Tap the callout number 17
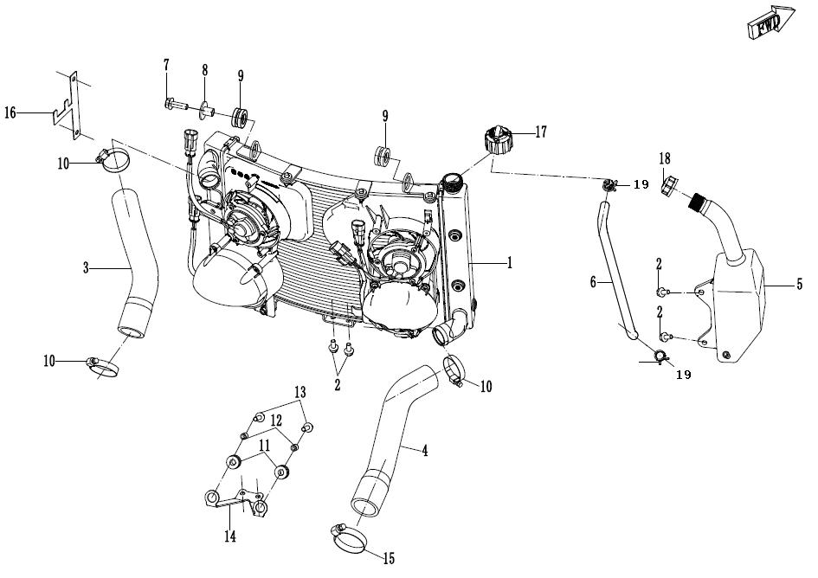point(541,132)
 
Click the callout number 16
point(10,112)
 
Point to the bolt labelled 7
point(176,105)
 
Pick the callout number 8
point(205,70)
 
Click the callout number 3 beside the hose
point(86,268)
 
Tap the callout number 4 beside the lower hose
point(425,450)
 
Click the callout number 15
point(389,559)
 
